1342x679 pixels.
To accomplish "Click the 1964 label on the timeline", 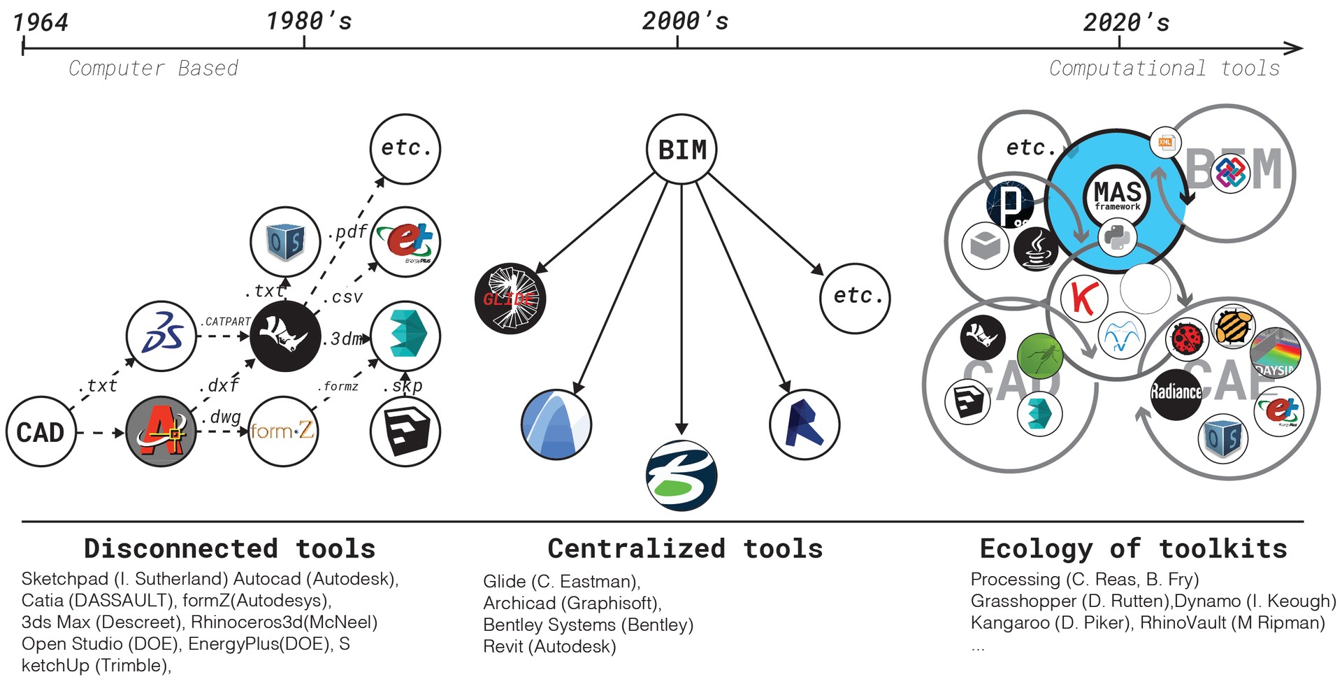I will (x=41, y=22).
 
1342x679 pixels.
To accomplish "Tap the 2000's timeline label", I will (x=684, y=22).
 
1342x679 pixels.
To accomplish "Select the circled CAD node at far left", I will (x=41, y=432).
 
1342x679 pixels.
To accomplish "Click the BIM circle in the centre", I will (x=681, y=149).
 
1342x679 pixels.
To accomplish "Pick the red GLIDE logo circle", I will (x=510, y=299).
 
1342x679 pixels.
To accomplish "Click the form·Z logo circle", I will (x=282, y=431).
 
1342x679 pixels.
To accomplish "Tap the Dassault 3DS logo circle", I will (x=161, y=336).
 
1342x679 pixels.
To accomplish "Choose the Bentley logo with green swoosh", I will (x=681, y=476).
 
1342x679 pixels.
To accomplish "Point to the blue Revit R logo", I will (x=805, y=424).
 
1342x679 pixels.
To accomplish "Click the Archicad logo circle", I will (x=556, y=424).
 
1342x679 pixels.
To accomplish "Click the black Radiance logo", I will (x=1176, y=392).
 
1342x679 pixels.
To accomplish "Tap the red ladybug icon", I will (x=1188, y=338).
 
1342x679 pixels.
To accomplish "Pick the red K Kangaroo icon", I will (x=1083, y=297).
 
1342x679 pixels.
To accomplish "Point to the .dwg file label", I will (x=222, y=417).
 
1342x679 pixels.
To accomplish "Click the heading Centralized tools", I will (x=685, y=549).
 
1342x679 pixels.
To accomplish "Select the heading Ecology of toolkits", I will (x=1133, y=549).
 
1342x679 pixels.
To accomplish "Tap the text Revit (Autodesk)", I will (x=549, y=647).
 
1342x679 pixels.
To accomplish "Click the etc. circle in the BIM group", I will (x=855, y=297).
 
